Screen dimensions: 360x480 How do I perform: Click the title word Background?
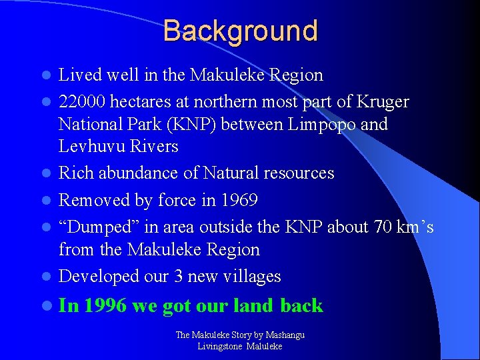[240, 31]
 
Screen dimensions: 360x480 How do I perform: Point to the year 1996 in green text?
[106, 306]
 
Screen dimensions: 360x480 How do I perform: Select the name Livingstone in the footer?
[220, 346]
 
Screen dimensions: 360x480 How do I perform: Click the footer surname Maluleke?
[265, 346]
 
